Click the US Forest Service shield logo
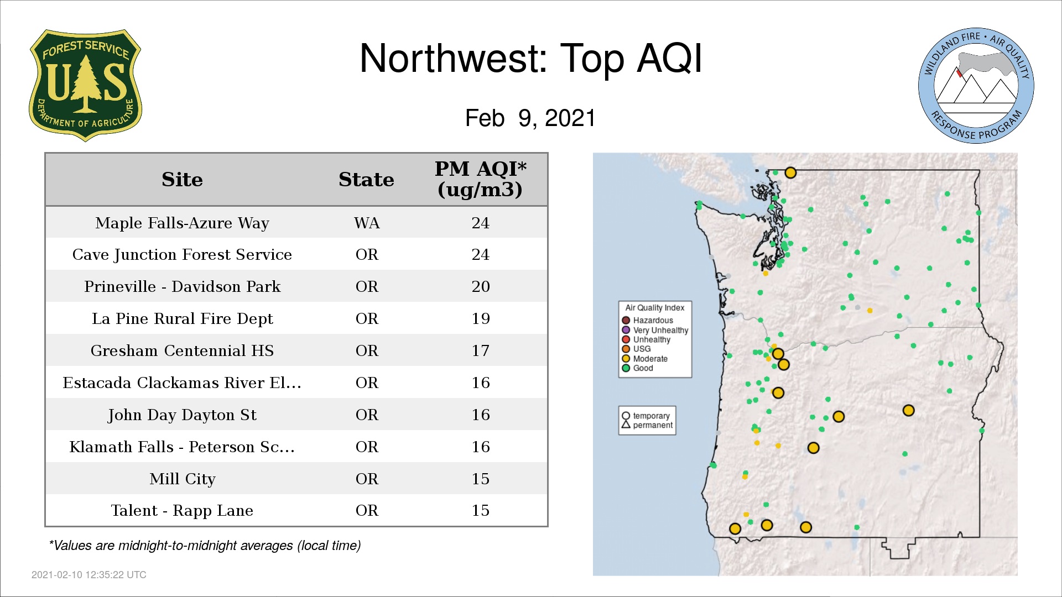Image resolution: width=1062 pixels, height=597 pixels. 85,86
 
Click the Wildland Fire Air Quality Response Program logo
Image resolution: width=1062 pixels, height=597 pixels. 976,86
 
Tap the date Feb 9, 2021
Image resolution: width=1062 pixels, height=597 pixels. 530,118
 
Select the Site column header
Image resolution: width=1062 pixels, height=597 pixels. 182,180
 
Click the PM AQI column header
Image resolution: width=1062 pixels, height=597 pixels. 480,179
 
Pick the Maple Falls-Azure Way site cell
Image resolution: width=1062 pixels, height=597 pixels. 182,223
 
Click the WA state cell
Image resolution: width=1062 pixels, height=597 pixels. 367,223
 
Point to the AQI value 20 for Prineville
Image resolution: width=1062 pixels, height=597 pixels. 481,286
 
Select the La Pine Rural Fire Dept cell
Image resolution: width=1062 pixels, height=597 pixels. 182,319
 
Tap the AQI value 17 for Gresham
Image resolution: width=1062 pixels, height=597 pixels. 481,350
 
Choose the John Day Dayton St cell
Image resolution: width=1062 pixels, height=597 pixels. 182,415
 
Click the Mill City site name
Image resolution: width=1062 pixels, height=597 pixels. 182,479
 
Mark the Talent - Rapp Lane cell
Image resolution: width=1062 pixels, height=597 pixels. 182,511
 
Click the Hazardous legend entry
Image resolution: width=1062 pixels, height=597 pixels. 648,321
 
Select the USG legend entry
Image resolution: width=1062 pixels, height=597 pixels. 637,349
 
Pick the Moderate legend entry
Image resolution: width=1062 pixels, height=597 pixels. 645,359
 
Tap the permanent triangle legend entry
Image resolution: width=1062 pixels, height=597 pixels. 647,425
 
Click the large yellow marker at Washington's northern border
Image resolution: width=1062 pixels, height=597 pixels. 790,173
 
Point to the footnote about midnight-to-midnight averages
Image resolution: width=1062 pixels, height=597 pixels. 205,546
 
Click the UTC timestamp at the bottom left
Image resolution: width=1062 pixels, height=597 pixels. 89,575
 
